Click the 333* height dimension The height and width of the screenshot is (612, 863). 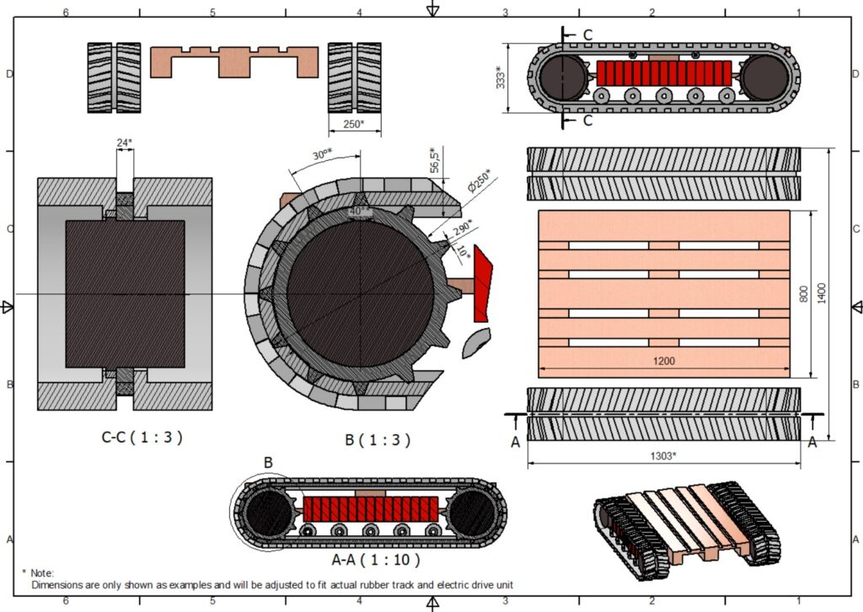501,78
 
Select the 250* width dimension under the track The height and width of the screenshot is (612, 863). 354,124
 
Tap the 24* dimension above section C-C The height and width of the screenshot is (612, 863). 125,142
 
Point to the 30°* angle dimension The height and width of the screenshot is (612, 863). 323,154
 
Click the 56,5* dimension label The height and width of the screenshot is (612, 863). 436,159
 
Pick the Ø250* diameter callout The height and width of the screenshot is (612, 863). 479,180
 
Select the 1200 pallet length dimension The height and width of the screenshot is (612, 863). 664,361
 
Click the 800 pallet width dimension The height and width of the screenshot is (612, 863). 803,294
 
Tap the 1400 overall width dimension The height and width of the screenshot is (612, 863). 821,293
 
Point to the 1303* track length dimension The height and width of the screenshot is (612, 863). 663,456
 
